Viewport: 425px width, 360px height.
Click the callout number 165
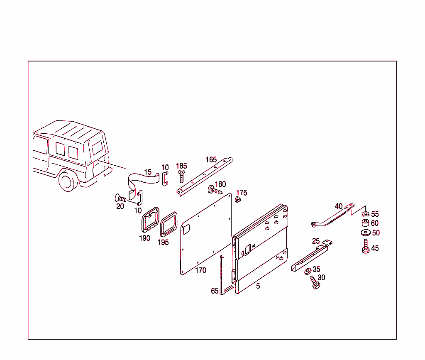tap(211, 159)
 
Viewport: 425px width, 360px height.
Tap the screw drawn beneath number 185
tap(181, 176)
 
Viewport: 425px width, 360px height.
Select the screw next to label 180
tap(215, 191)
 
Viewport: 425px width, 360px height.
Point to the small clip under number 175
tap(238, 201)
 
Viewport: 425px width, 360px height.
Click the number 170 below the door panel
tap(200, 271)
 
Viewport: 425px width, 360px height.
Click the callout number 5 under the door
tap(258, 286)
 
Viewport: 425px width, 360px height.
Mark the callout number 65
tap(215, 291)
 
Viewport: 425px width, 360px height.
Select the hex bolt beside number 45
tap(366, 247)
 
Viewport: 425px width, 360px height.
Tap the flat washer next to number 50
tap(366, 233)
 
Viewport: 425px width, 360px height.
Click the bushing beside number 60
tap(366, 223)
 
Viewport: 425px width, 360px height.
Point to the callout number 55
tap(375, 214)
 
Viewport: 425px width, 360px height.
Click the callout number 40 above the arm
tap(339, 206)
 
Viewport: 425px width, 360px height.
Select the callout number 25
tap(316, 241)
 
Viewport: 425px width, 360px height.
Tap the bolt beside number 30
tap(314, 283)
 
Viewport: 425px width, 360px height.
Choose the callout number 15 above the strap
tap(148, 172)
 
